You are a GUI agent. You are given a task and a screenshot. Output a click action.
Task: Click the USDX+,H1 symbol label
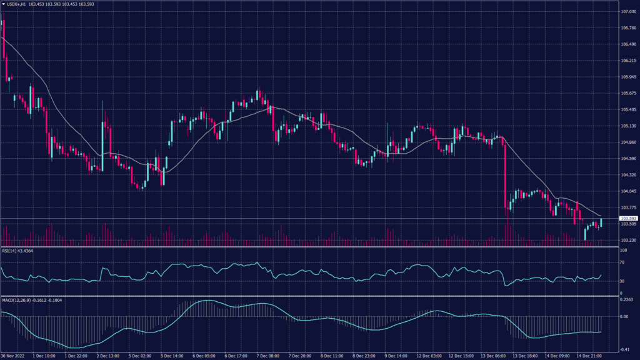(x=19, y=5)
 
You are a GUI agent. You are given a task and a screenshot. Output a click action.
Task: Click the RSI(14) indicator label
(x=12, y=251)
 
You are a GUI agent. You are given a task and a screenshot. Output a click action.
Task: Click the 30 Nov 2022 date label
(x=14, y=356)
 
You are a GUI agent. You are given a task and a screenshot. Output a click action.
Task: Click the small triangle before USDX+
(x=3, y=5)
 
